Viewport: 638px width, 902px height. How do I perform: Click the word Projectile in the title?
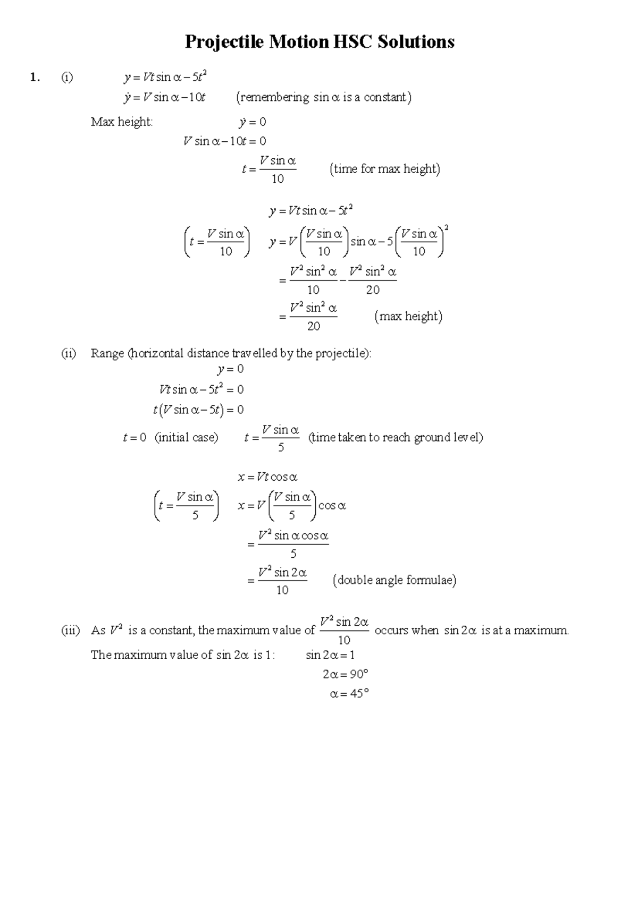pos(224,42)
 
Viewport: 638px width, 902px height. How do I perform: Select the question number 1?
pos(35,78)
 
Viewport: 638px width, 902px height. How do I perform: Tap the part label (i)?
pos(66,78)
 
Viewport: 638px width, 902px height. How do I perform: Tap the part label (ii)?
pos(68,353)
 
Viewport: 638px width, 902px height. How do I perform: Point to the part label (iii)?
pos(70,631)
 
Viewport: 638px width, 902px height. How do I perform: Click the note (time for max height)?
pos(385,169)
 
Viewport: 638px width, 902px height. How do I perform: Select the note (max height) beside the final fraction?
pos(408,317)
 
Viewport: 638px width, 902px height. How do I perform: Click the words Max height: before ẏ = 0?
pos(122,122)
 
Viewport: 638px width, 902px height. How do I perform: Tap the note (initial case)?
pos(186,438)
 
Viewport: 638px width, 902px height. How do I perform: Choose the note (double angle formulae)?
pos(394,580)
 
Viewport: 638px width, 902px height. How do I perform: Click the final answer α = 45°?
pos(349,694)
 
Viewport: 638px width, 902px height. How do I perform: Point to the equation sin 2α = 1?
pos(330,655)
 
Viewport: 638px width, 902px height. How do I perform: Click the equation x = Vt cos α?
pos(267,477)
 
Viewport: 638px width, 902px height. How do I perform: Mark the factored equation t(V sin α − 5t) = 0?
pos(198,410)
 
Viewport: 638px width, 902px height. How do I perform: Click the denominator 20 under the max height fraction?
pos(314,326)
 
